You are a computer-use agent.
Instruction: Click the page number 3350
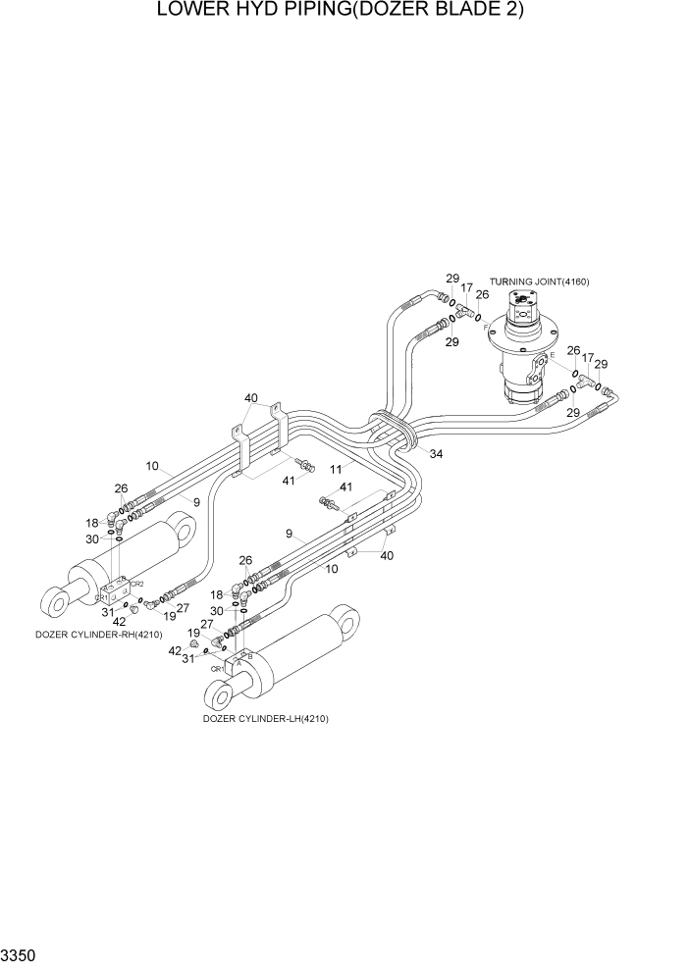click(20, 954)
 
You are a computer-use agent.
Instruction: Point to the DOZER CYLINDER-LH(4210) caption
click(265, 719)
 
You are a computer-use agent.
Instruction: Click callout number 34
click(436, 454)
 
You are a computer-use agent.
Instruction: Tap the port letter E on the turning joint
click(552, 354)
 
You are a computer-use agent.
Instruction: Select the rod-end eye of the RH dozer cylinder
click(57, 596)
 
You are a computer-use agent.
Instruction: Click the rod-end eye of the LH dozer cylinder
click(222, 697)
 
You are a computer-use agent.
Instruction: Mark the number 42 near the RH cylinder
click(119, 621)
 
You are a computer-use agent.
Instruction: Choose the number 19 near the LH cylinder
click(195, 634)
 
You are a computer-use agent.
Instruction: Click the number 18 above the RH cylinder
click(92, 524)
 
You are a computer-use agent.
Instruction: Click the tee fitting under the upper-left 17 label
click(462, 310)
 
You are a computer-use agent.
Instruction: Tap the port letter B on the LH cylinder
click(251, 655)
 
